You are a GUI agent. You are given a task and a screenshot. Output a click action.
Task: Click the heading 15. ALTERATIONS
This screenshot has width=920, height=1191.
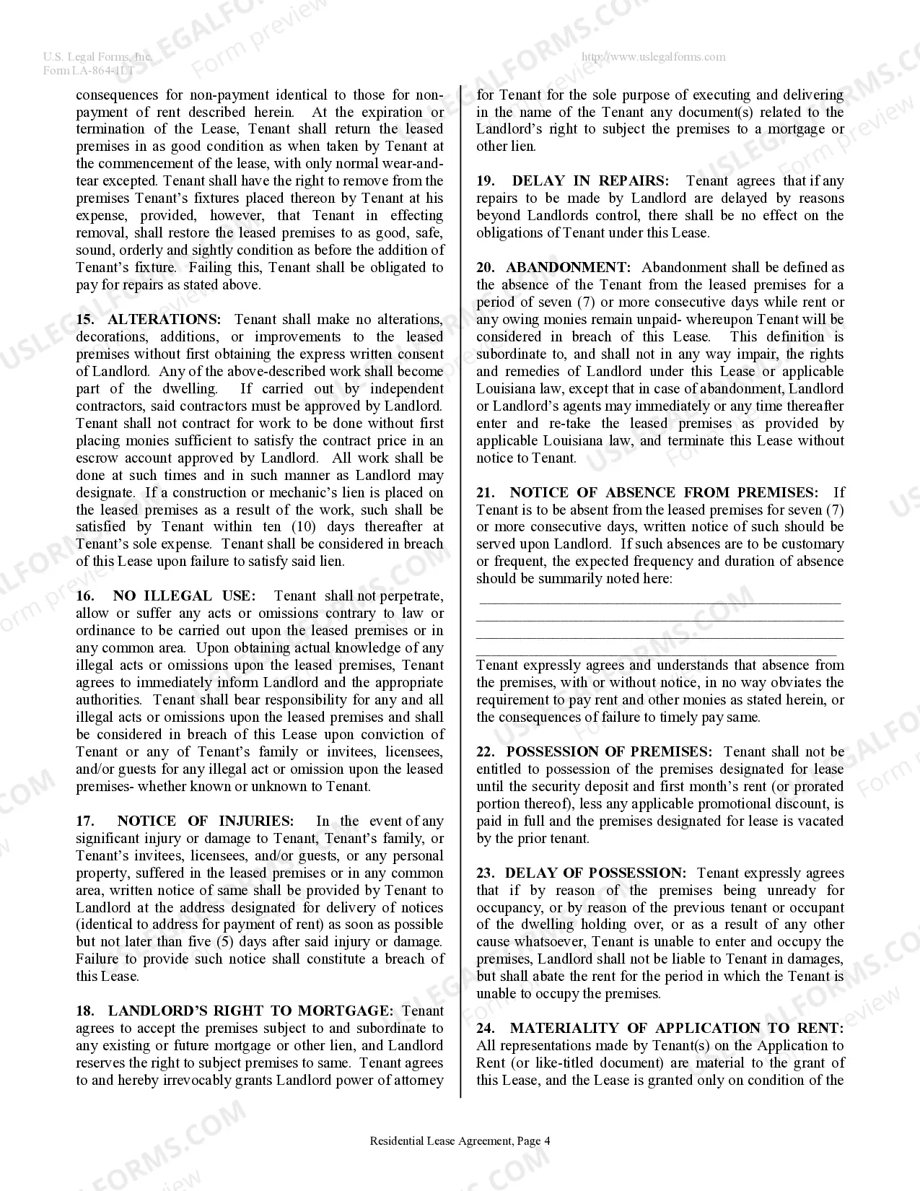click(x=149, y=320)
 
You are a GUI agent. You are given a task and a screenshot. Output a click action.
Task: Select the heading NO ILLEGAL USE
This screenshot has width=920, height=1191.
click(x=184, y=596)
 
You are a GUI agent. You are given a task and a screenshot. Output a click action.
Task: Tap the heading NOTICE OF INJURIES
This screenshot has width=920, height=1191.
click(x=205, y=821)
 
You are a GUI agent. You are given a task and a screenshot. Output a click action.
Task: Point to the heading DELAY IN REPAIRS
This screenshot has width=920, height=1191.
click(x=590, y=181)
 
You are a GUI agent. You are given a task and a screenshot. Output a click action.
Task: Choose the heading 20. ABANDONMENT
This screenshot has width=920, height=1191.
click(x=553, y=268)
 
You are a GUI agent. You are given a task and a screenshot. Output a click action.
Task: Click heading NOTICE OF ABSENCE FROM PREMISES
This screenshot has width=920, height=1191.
click(x=664, y=493)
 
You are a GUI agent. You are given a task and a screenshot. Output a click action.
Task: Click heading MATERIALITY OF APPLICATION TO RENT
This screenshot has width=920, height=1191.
click(x=676, y=1029)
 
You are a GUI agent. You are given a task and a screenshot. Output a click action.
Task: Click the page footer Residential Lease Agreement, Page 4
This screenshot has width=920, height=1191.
click(x=460, y=1141)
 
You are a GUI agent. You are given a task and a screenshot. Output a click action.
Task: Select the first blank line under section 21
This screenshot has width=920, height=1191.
click(x=660, y=601)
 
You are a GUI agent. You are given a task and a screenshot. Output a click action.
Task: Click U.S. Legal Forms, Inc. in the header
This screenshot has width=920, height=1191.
click(x=97, y=57)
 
